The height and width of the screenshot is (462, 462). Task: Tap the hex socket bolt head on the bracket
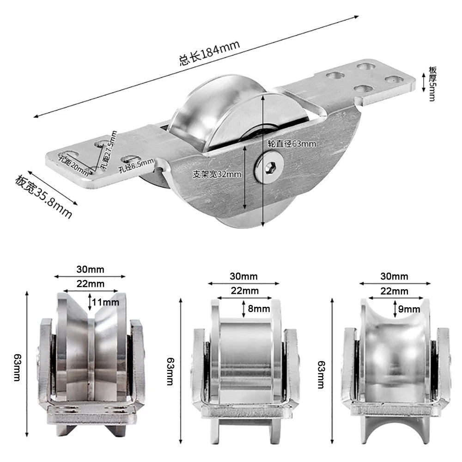coord(269,167)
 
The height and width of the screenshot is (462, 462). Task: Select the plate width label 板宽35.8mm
coord(43,196)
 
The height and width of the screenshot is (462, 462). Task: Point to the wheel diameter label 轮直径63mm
coord(292,144)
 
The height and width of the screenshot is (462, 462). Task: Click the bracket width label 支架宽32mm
coord(217,174)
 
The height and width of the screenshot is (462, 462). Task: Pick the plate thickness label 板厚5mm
coord(432,84)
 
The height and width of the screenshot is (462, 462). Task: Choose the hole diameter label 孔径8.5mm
coord(136,165)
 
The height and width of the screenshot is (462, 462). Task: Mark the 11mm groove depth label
coord(105,302)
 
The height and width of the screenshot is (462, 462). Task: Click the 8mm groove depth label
coord(259,309)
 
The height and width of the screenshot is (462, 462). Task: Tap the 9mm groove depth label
coord(409,309)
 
